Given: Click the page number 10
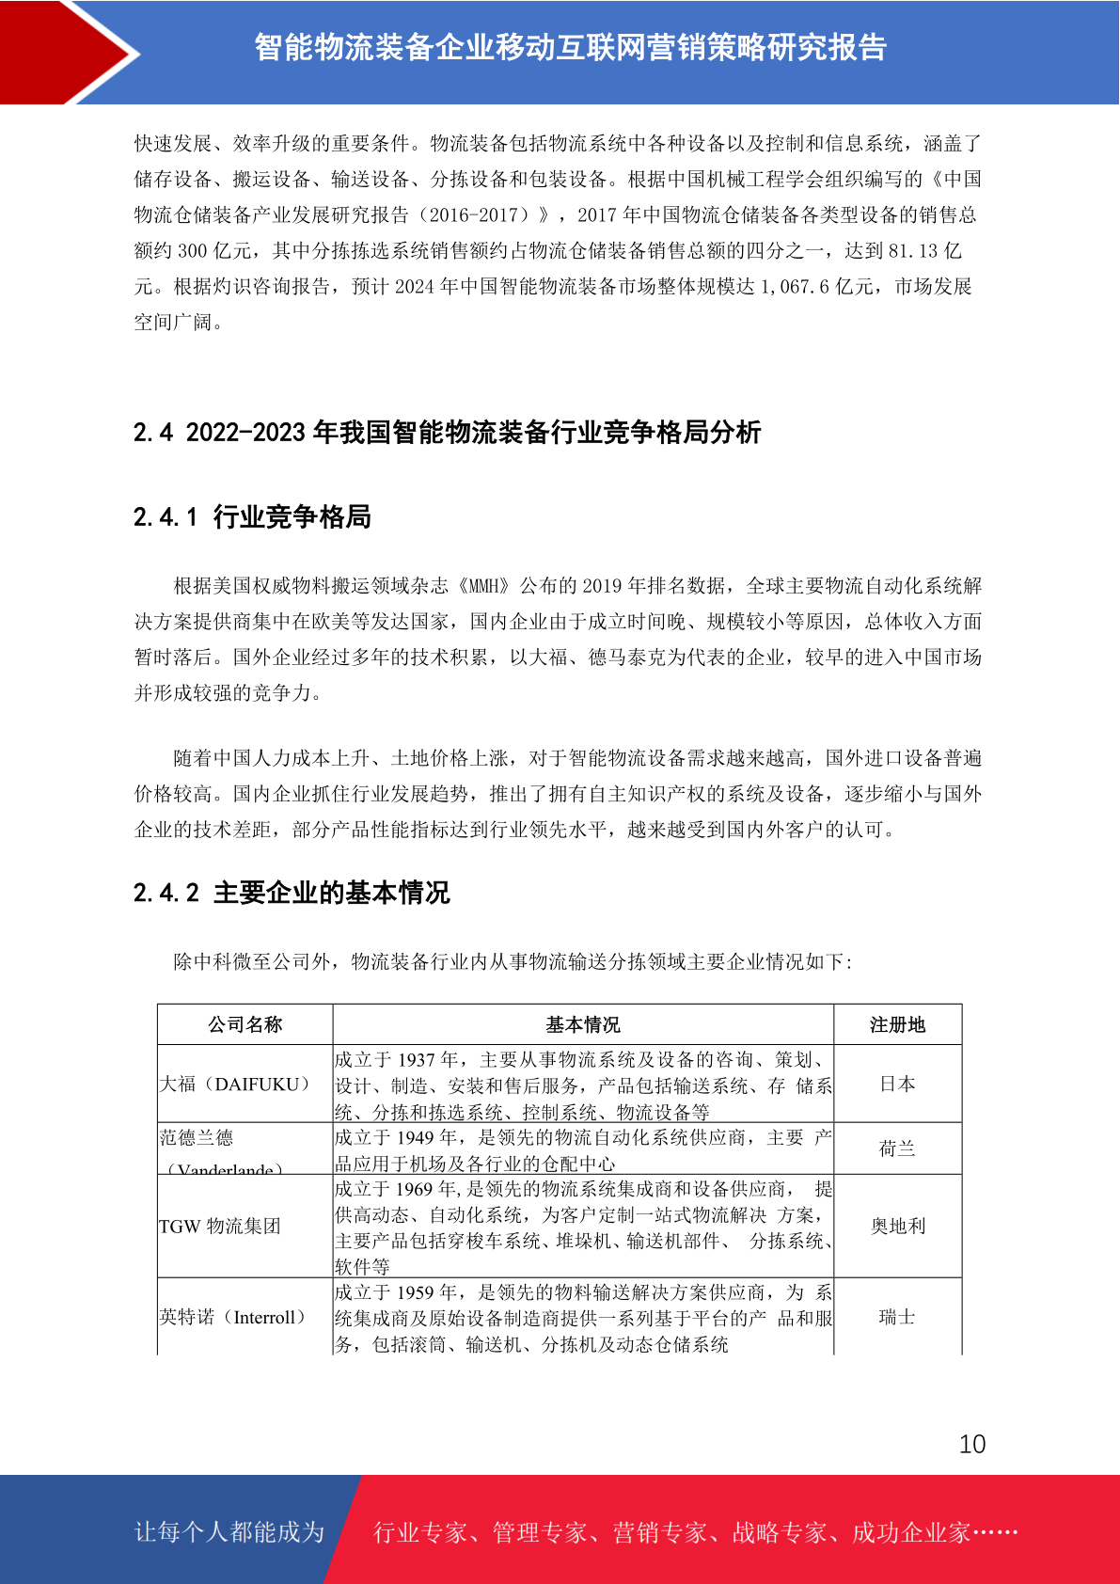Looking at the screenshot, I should (972, 1444).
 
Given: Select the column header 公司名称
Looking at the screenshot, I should (245, 1024).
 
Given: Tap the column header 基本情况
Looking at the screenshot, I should (583, 1024).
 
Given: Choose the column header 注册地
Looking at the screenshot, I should (897, 1024).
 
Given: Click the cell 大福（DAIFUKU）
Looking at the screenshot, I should (235, 1085).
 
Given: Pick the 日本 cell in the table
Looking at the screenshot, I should (897, 1085).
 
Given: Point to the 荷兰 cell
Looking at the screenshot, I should (897, 1148).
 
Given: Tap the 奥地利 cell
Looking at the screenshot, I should (897, 1226).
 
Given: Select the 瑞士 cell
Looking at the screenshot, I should (897, 1317).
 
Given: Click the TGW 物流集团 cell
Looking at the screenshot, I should (220, 1226).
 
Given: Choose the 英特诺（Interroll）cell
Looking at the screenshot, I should (233, 1317).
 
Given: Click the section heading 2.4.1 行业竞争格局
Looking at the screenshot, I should (252, 516).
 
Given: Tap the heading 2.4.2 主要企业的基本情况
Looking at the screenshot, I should (292, 892).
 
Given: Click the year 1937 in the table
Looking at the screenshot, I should (416, 1060).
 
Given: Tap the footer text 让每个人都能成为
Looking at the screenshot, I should (229, 1532).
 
